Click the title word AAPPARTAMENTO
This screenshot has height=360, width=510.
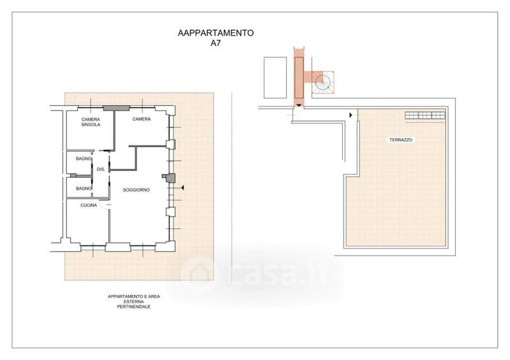pyautogui.click(x=215, y=33)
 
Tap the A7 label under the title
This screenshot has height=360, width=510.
pyautogui.click(x=215, y=43)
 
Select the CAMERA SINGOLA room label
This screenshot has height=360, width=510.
pyautogui.click(x=91, y=122)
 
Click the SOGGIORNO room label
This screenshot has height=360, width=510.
pyautogui.click(x=136, y=190)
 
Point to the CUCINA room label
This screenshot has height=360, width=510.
pyautogui.click(x=89, y=206)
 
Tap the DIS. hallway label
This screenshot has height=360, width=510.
pyautogui.click(x=101, y=169)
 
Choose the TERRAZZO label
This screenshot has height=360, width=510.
pyautogui.click(x=401, y=140)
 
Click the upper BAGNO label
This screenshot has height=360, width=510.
pyautogui.click(x=84, y=159)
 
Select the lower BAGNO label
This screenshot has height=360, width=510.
pyautogui.click(x=84, y=189)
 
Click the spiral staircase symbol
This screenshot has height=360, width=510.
pyautogui.click(x=323, y=83)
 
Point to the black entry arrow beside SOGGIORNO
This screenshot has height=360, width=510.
pyautogui.click(x=182, y=188)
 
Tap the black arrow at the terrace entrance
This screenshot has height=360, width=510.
pyautogui.click(x=351, y=115)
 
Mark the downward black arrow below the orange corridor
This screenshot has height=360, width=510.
pyautogui.click(x=299, y=105)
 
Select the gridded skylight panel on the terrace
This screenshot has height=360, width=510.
pyautogui.click(x=425, y=115)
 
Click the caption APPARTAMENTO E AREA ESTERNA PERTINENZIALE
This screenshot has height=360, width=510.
pyautogui.click(x=134, y=301)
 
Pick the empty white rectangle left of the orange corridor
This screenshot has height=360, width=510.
pyautogui.click(x=275, y=78)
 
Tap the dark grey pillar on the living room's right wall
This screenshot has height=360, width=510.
pyautogui.click(x=170, y=178)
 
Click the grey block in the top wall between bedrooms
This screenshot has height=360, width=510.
pyautogui.click(x=117, y=108)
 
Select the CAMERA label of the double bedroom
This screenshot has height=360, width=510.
pyautogui.click(x=142, y=119)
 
